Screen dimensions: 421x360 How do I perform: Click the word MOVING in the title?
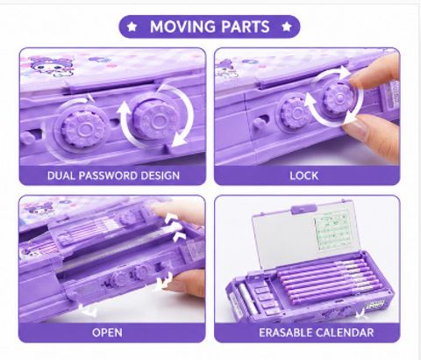183,26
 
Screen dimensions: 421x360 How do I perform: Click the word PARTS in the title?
246,26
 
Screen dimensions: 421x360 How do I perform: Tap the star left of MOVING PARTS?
132,26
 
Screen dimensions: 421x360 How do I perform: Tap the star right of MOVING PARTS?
287,26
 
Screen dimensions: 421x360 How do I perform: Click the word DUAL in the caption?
61,176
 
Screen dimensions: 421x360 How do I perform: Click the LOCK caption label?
304,176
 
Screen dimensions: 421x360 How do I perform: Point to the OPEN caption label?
107,333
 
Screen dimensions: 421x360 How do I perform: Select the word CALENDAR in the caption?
345,333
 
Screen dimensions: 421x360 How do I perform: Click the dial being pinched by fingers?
339,98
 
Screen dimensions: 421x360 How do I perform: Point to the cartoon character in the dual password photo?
51,67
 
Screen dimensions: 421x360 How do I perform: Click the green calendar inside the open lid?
333,230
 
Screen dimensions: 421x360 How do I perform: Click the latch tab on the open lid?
303,209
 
